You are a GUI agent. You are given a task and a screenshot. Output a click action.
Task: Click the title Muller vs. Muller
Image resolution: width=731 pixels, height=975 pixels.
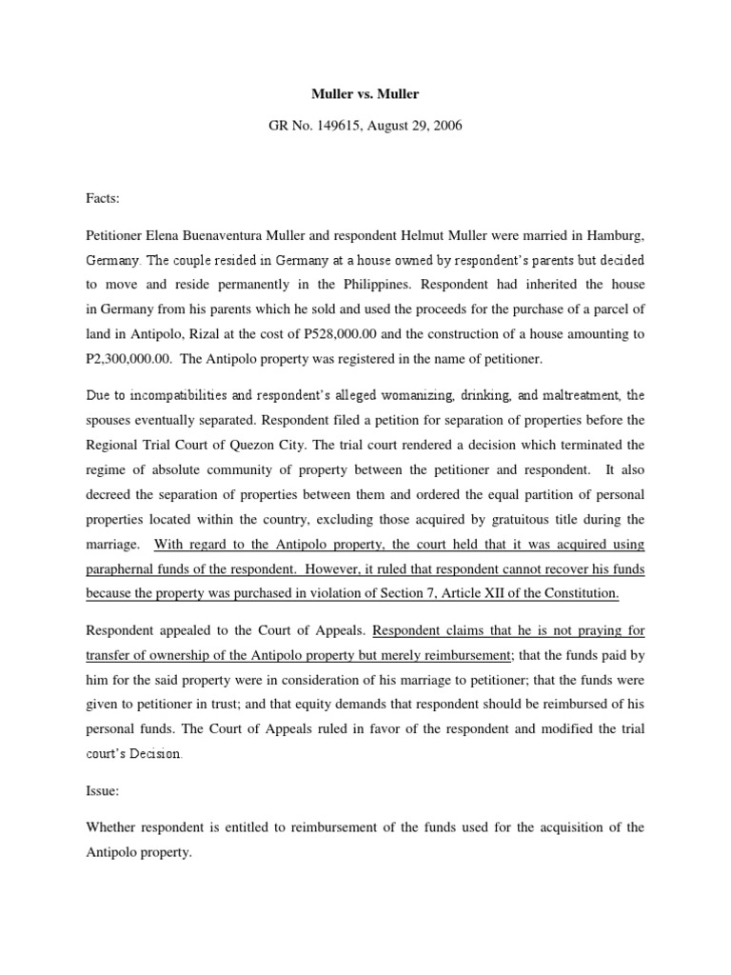click(x=365, y=95)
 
